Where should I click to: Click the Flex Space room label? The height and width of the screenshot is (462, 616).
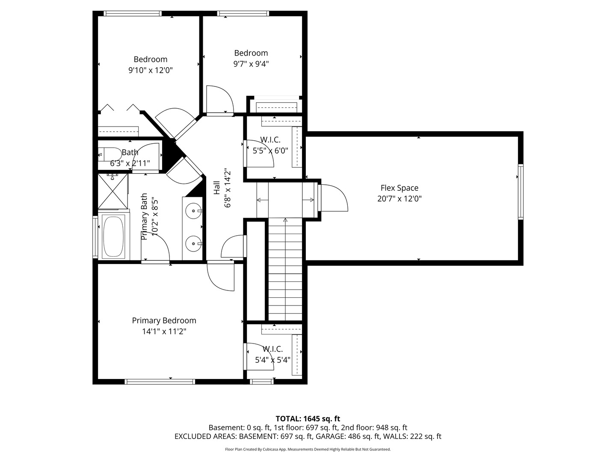[399, 188]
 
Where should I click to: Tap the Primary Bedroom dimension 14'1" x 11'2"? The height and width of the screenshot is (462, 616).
[164, 331]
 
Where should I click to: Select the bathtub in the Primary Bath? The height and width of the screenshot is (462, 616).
[113, 237]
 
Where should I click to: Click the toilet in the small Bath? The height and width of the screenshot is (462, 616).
[110, 154]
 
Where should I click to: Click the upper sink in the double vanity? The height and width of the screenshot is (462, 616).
[194, 210]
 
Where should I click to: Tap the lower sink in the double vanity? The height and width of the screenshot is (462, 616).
[194, 244]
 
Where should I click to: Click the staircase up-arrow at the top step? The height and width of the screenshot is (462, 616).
[285, 221]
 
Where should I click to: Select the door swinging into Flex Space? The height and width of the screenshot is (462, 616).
[334, 198]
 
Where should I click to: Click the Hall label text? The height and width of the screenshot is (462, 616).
[217, 189]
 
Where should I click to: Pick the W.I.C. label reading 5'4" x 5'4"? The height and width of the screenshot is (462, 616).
[272, 355]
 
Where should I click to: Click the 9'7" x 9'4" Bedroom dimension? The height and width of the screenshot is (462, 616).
[251, 64]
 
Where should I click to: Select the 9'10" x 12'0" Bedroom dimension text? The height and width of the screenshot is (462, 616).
[150, 70]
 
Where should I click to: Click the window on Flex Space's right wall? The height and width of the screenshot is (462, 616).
[520, 191]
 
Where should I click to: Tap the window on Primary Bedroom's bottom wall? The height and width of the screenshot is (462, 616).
[160, 381]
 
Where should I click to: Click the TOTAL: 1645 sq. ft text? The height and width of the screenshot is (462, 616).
[308, 418]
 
